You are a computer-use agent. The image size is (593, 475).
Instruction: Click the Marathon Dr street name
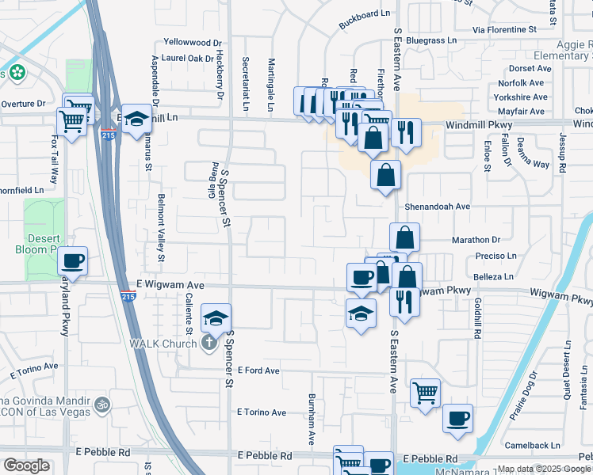pos(477,240)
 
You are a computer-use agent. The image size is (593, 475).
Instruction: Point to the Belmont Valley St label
pos(161,229)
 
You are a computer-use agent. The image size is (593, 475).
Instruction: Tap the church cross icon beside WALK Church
pos(209,343)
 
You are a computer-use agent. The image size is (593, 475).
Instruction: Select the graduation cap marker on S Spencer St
pos(216,318)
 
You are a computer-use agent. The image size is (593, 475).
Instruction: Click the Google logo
pos(26,465)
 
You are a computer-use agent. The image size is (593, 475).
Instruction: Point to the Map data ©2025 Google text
pos(543,469)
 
